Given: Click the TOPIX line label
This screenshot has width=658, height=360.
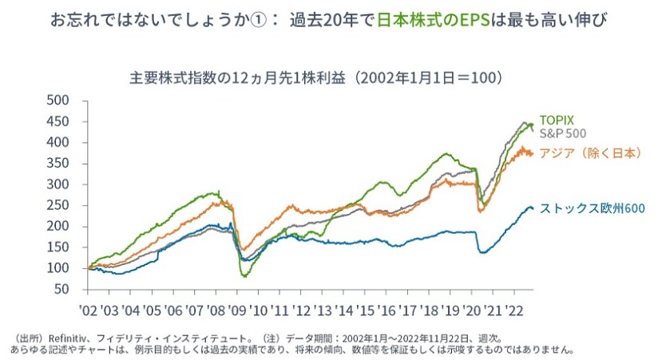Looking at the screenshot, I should pyautogui.click(x=556, y=120).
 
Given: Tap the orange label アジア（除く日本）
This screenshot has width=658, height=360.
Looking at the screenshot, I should pyautogui.click(x=591, y=153).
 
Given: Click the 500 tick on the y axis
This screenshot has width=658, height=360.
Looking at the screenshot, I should pyautogui.click(x=59, y=101).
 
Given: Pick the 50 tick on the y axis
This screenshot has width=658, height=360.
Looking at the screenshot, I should pyautogui.click(x=62, y=289).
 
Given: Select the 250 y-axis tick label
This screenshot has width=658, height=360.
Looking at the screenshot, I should pyautogui.click(x=59, y=205).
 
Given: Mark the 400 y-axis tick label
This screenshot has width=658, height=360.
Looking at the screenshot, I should pyautogui.click(x=59, y=142).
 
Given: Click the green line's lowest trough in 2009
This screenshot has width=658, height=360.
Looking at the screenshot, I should pyautogui.click(x=245, y=275).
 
